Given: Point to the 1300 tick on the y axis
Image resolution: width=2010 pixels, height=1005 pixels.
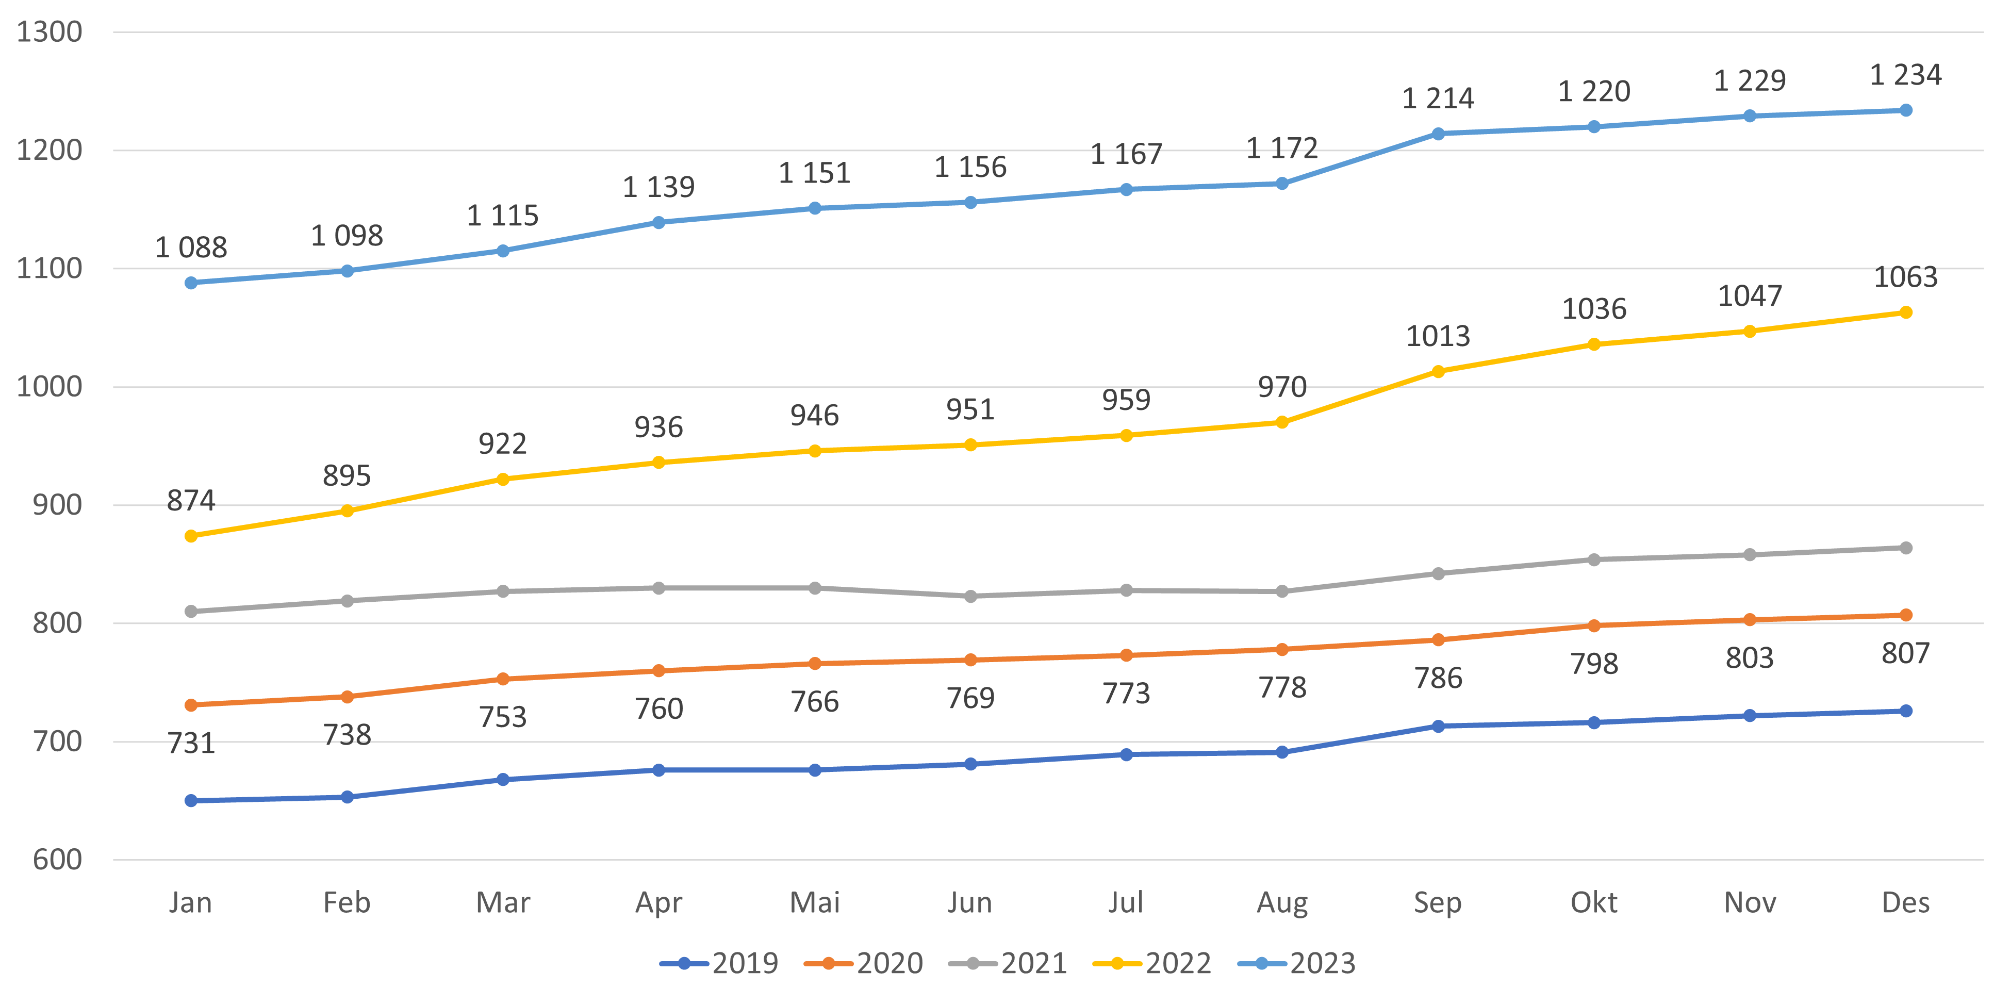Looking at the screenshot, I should (49, 32).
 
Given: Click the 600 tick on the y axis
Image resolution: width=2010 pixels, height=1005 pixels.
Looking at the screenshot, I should (57, 860).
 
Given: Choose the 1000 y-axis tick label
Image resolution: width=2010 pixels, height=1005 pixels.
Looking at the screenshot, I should (49, 387).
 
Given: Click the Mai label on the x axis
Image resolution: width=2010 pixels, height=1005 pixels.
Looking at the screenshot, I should (815, 903).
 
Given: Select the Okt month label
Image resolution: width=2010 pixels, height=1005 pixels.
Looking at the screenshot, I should (1593, 903).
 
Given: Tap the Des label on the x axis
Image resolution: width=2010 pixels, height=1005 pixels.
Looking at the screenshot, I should (1905, 903).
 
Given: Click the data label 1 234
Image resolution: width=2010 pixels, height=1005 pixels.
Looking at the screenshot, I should (1905, 75).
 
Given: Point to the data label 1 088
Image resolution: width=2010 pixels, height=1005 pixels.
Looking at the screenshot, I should (191, 248).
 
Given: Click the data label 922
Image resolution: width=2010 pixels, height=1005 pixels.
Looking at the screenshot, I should (502, 444).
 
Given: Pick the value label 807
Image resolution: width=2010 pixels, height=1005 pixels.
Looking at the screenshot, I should (1905, 653).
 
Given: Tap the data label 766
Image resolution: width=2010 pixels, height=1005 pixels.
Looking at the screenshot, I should (815, 702).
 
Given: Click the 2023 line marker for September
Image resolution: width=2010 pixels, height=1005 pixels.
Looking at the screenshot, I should (1438, 134).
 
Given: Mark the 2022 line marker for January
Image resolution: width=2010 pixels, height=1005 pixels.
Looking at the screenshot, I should (191, 536).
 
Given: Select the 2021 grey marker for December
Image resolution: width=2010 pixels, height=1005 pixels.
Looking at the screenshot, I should (1905, 548).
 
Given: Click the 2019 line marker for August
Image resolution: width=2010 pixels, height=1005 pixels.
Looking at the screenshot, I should (1282, 752).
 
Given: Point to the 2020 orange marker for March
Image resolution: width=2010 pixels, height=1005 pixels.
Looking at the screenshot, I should (502, 679).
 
